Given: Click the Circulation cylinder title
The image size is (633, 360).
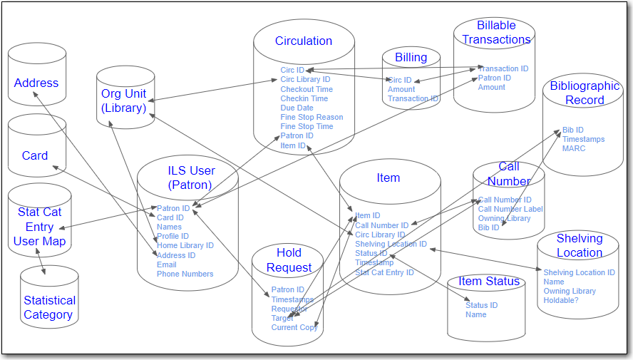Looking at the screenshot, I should click(304, 41).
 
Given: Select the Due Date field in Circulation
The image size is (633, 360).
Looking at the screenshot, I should click(297, 108).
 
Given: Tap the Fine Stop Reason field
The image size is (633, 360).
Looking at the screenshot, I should click(312, 118).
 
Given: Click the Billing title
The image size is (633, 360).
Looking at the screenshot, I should click(411, 58).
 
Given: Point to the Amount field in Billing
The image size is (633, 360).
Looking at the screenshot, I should click(401, 90).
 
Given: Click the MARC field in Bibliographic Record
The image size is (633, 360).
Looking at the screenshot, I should click(574, 148).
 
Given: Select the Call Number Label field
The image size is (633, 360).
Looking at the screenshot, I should click(510, 210).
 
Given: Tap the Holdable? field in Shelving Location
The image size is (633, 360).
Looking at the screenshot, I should click(561, 300).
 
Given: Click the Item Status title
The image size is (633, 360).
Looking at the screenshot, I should click(489, 281).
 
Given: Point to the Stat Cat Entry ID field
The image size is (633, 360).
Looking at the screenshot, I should click(384, 272).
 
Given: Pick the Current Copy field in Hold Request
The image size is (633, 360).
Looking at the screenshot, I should click(294, 327).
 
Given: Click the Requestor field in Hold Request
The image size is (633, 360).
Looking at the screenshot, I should click(289, 309).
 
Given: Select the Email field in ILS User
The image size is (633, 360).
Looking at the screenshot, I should click(166, 264).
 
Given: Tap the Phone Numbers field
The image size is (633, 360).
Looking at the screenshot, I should click(185, 274).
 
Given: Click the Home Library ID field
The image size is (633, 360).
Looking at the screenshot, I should click(185, 246).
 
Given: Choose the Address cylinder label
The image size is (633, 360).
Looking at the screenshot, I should click(36, 83).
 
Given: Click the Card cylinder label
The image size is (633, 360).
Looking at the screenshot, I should click(35, 155).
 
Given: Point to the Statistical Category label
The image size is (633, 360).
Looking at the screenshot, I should click(49, 307).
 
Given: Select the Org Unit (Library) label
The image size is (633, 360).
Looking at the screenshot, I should click(123, 101).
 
